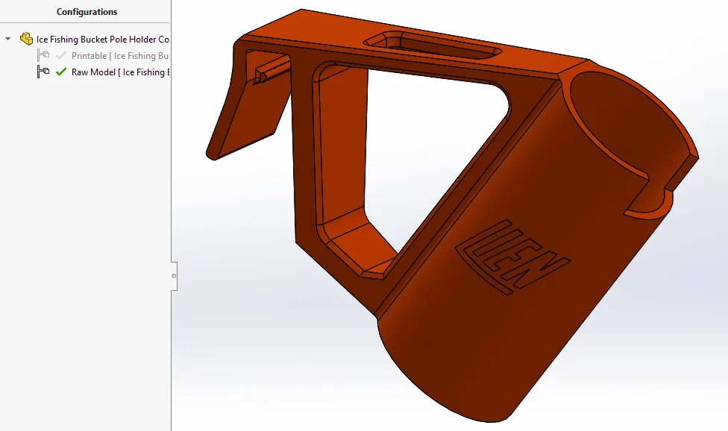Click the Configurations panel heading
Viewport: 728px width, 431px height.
coord(87,12)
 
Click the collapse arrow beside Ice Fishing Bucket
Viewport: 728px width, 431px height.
coord(8,39)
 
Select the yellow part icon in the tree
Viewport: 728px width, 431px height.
coord(26,39)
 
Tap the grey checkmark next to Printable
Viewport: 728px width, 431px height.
coord(61,56)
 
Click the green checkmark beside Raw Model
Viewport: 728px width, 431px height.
coord(61,72)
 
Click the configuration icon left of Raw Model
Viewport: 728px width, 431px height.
coord(43,72)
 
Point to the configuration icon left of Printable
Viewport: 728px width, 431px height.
coord(43,56)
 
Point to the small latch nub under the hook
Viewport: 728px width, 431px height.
coord(263,74)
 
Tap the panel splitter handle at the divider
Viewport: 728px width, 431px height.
coord(174,275)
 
